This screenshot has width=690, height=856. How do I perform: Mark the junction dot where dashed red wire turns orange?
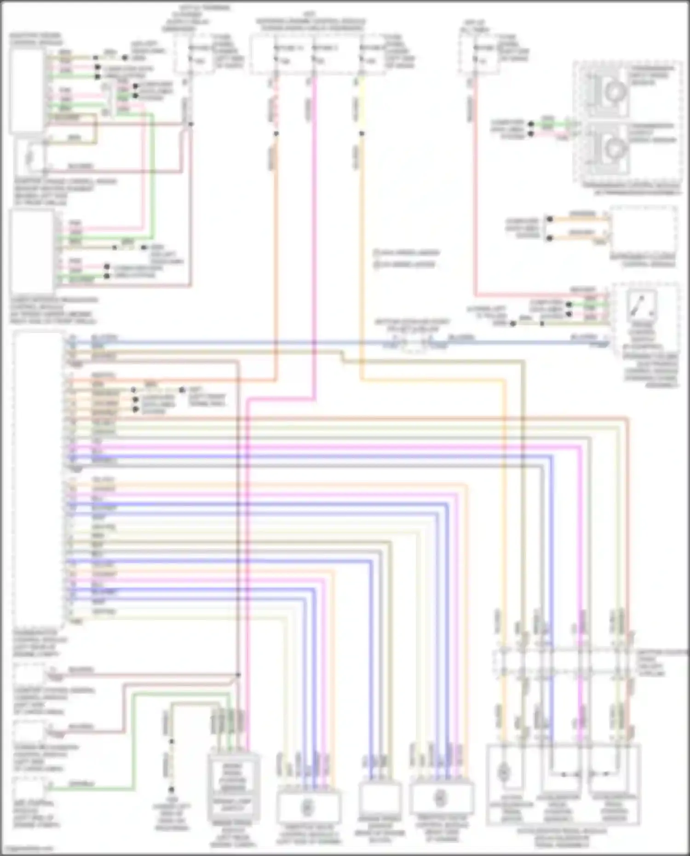(276, 134)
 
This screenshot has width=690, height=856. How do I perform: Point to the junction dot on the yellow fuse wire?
(362, 134)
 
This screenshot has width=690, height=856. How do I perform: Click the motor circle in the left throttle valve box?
(306, 807)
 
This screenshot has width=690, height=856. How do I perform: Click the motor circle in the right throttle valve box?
(440, 798)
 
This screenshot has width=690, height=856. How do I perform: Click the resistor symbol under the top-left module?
(30, 156)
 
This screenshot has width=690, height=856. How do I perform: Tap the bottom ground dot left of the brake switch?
(171, 789)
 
